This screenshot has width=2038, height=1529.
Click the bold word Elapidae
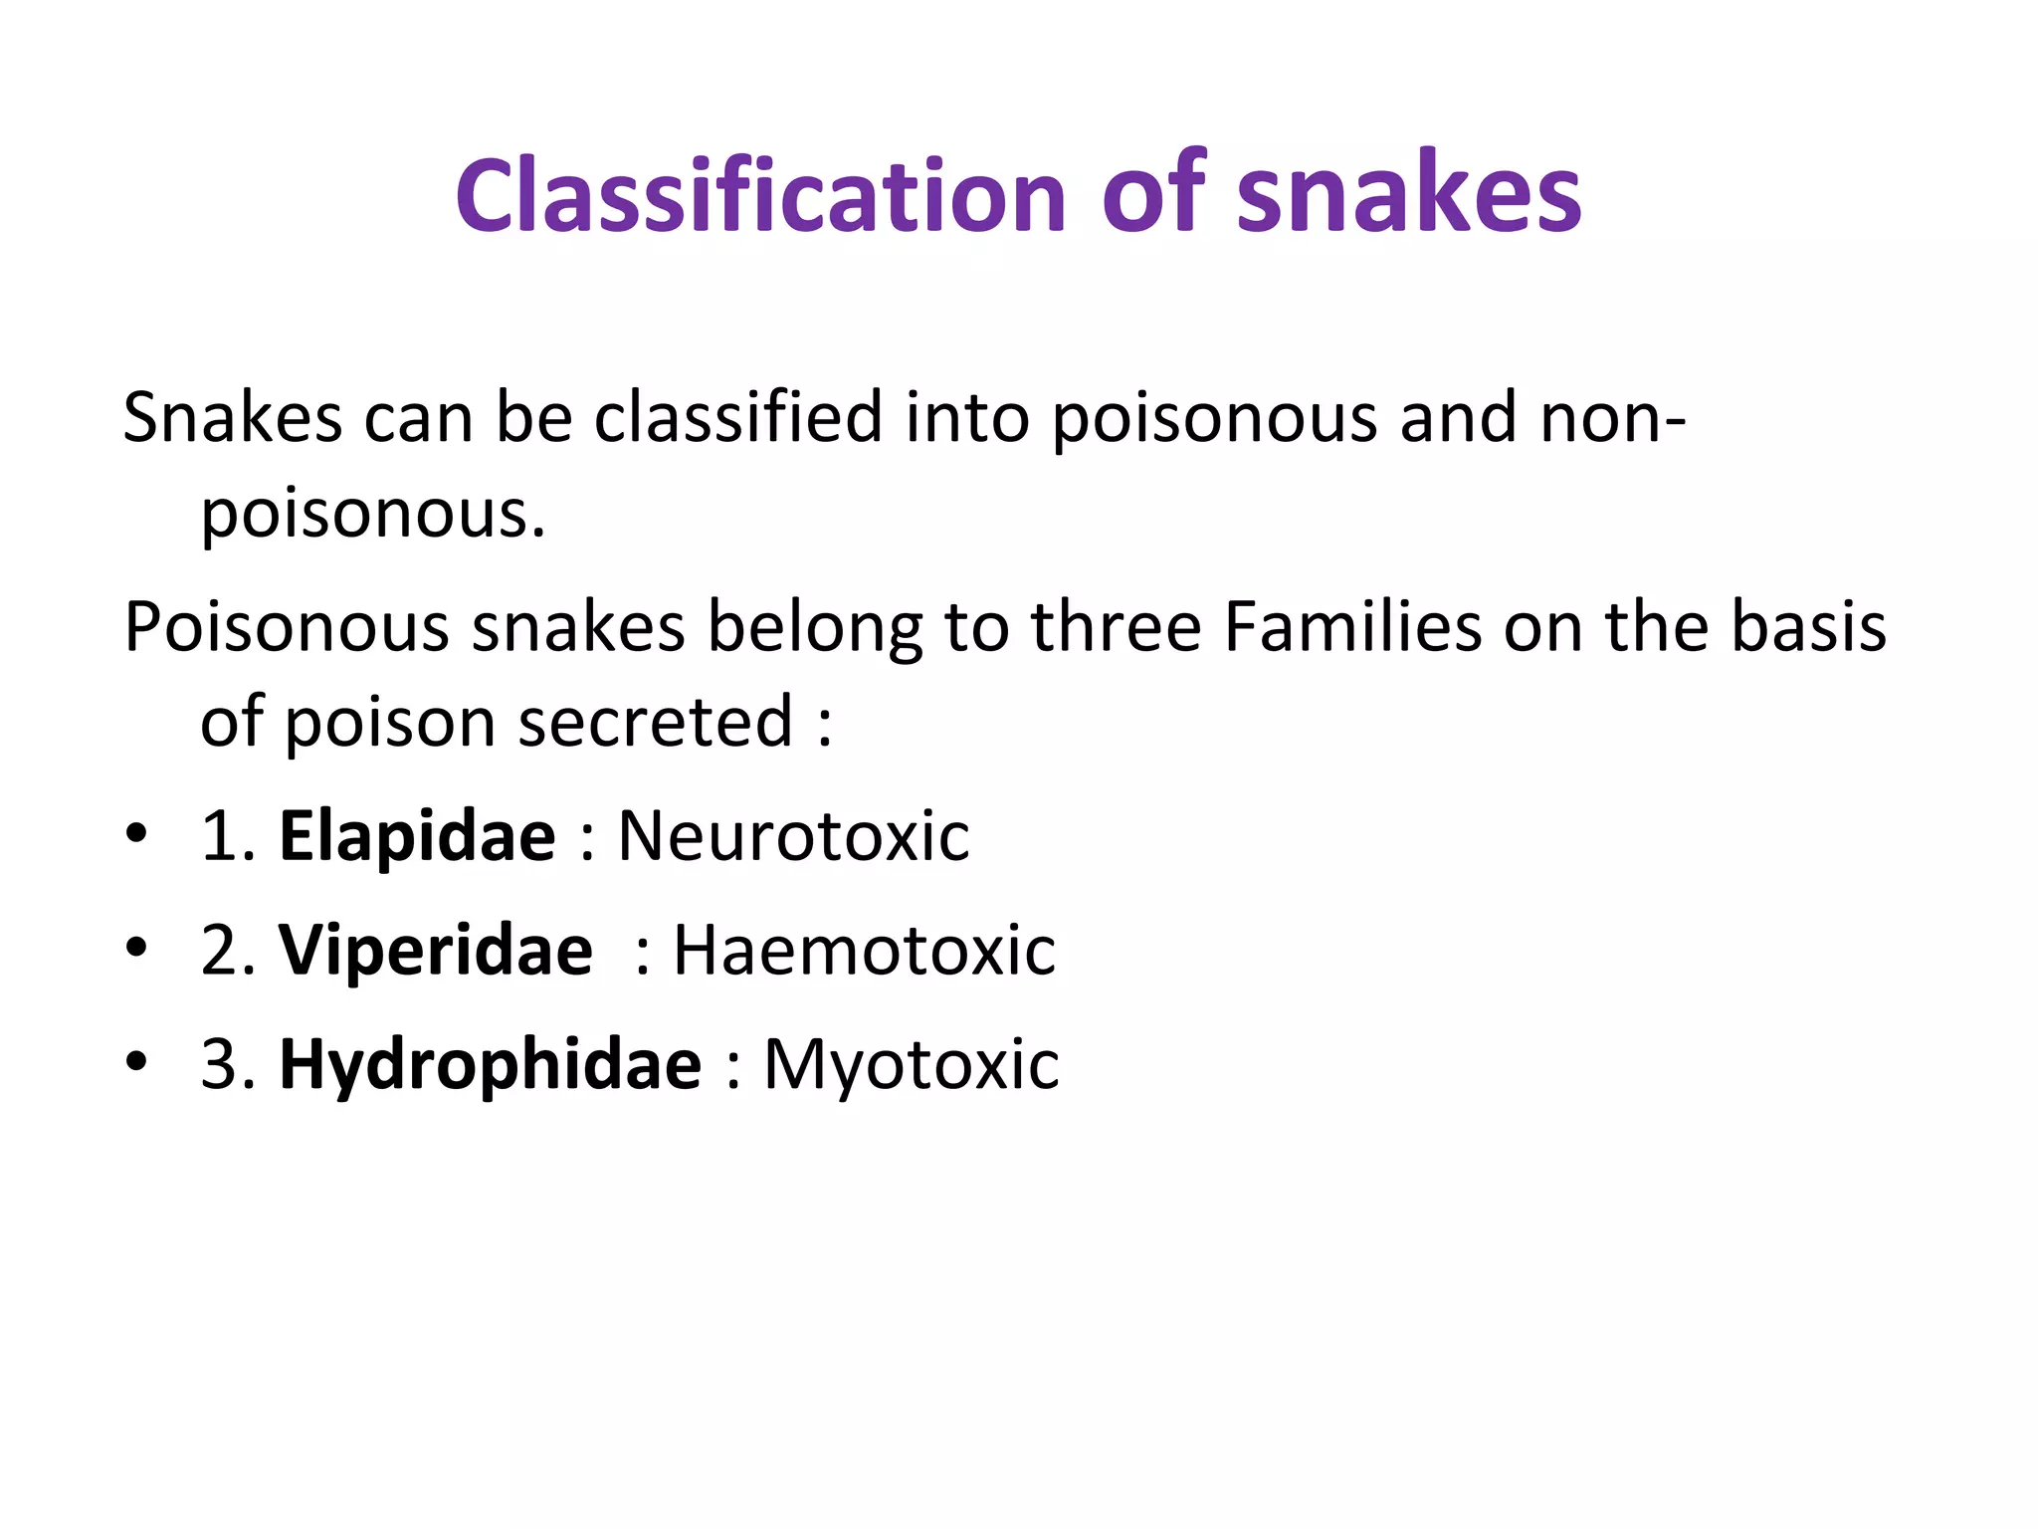pos(417,835)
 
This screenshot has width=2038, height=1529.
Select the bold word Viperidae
pos(436,950)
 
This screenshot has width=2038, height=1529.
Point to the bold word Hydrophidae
pos(491,1064)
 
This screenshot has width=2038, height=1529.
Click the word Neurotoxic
pos(793,835)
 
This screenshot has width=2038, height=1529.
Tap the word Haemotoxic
pos(864,950)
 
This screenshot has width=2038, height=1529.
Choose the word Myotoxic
pos(911,1064)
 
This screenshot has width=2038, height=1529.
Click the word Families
pos(1352,627)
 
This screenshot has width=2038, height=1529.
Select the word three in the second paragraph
pos(1116,627)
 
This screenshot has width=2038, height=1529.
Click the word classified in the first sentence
pos(738,417)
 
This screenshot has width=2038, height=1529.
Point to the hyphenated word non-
pos(1613,417)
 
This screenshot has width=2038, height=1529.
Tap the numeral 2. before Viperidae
pos(228,950)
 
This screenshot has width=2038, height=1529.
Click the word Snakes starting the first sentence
pos(233,417)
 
